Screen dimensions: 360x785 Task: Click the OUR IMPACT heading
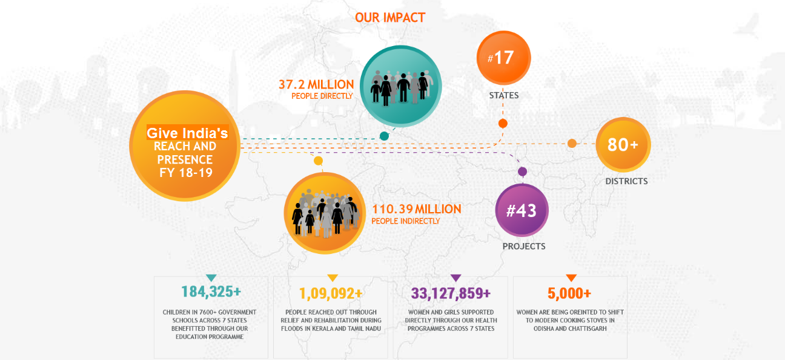point(390,18)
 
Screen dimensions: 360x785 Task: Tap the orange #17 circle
point(503,58)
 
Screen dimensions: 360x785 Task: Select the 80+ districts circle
point(623,145)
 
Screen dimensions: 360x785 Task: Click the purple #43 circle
point(522,210)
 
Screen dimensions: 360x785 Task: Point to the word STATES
point(504,95)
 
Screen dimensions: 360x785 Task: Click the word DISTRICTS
point(626,181)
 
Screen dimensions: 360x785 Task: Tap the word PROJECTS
point(524,246)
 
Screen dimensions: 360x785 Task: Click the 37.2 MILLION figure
point(316,85)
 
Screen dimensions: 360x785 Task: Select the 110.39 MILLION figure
point(417,209)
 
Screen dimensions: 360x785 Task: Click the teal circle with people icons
point(400,86)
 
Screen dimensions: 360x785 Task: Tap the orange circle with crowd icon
point(325,213)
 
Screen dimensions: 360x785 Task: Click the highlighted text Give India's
point(187,133)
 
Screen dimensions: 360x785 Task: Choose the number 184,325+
point(211,292)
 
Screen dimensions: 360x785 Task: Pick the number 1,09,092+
point(331,293)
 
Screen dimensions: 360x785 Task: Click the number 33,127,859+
point(451,293)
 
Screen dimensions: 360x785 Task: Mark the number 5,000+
point(569,293)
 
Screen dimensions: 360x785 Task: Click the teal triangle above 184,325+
point(211,278)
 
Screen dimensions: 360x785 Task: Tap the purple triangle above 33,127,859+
point(455,278)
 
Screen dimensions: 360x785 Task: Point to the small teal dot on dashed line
point(384,136)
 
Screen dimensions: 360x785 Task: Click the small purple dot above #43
point(522,172)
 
